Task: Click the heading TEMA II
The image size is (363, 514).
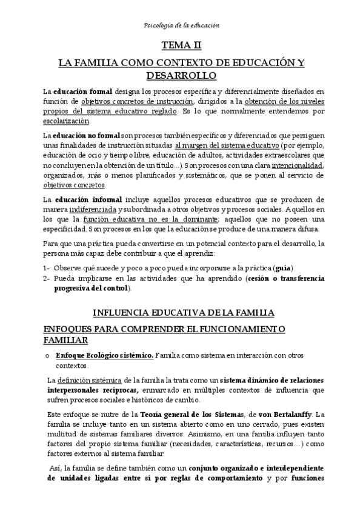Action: (181, 45)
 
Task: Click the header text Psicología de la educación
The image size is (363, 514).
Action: (181, 25)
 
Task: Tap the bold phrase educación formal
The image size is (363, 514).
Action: (84, 92)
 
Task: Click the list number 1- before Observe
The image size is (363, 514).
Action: (47, 268)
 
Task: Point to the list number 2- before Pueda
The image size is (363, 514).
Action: (47, 278)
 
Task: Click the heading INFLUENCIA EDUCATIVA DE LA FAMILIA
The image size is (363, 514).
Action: (184, 313)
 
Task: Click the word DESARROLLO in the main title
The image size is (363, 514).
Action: (181, 75)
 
